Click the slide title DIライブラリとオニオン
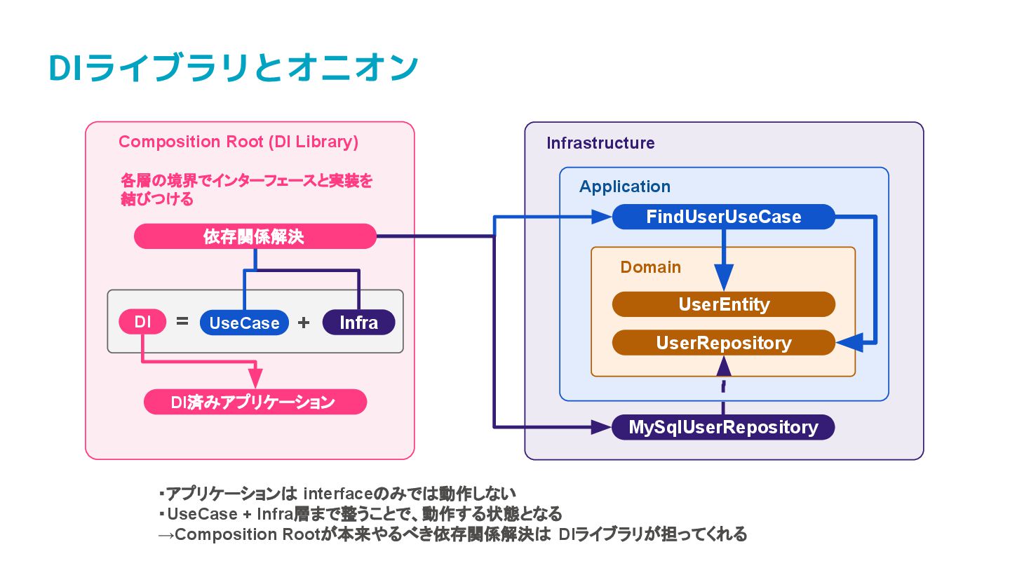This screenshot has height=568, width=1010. click(233, 67)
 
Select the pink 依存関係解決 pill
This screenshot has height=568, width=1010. click(255, 236)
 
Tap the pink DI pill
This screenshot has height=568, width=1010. click(142, 322)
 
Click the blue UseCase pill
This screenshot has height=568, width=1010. click(244, 323)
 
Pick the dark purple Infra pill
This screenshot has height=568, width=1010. click(359, 323)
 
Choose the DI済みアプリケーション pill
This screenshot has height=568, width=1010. click(255, 402)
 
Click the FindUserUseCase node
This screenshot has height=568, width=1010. click(724, 217)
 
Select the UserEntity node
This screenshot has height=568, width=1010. click(724, 304)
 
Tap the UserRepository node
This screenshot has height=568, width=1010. click(724, 343)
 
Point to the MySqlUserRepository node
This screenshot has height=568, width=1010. click(723, 427)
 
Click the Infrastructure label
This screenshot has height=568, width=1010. click(600, 143)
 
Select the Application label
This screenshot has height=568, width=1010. click(625, 187)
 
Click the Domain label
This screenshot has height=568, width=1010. click(651, 267)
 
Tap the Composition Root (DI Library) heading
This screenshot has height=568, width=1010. click(238, 142)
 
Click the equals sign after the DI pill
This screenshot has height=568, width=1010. click(182, 321)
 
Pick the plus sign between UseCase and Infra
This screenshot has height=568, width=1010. click(304, 323)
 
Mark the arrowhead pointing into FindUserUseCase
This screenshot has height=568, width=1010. click(602, 217)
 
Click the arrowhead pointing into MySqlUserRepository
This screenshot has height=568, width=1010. click(601, 427)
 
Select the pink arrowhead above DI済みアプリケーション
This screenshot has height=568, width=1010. click(255, 378)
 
